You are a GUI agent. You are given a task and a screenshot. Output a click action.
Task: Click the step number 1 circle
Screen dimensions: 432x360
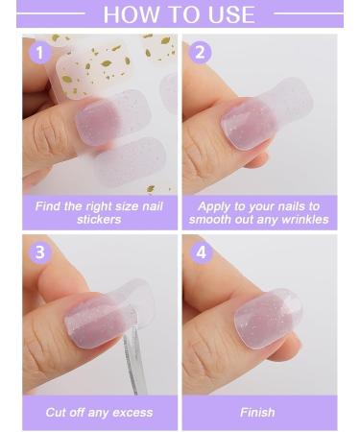(x=39, y=52)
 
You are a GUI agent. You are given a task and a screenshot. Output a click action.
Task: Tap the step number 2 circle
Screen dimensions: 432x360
(x=200, y=52)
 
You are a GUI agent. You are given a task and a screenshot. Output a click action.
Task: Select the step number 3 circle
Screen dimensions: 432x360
(x=39, y=253)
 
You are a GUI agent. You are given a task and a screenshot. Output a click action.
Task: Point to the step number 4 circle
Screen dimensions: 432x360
(x=200, y=253)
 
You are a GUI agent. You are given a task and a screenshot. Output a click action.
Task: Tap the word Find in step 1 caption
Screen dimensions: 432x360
(x=49, y=206)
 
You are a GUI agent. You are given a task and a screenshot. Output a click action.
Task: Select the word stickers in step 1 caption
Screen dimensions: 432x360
(x=99, y=220)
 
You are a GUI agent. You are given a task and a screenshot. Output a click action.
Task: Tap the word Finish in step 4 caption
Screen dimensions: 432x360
(x=257, y=412)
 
